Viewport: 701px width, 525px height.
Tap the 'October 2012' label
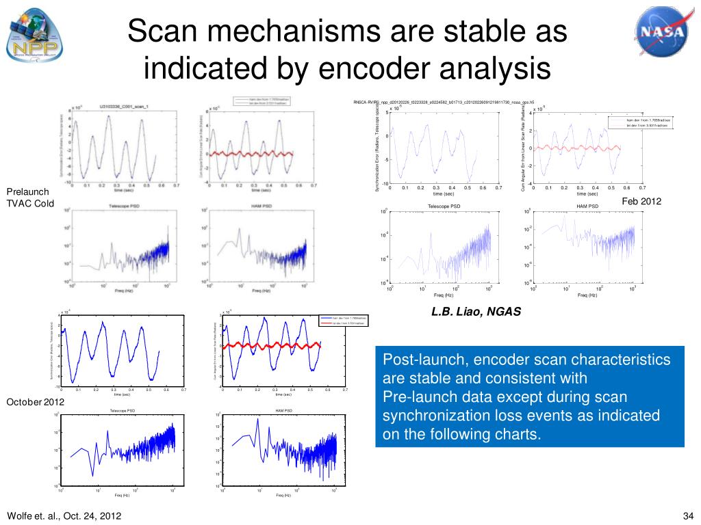click(35, 402)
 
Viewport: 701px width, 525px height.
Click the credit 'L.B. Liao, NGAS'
click(476, 312)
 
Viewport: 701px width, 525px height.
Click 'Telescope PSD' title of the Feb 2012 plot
click(444, 206)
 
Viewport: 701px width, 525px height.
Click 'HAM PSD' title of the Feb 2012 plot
click(587, 206)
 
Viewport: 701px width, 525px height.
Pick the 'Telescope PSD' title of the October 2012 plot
click(123, 410)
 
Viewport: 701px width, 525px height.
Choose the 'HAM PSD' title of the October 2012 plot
click(283, 410)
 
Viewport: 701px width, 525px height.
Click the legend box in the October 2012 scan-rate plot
click(344, 321)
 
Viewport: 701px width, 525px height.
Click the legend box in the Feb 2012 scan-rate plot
click(640, 122)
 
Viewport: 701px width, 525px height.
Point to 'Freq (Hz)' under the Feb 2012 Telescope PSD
click(444, 295)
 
